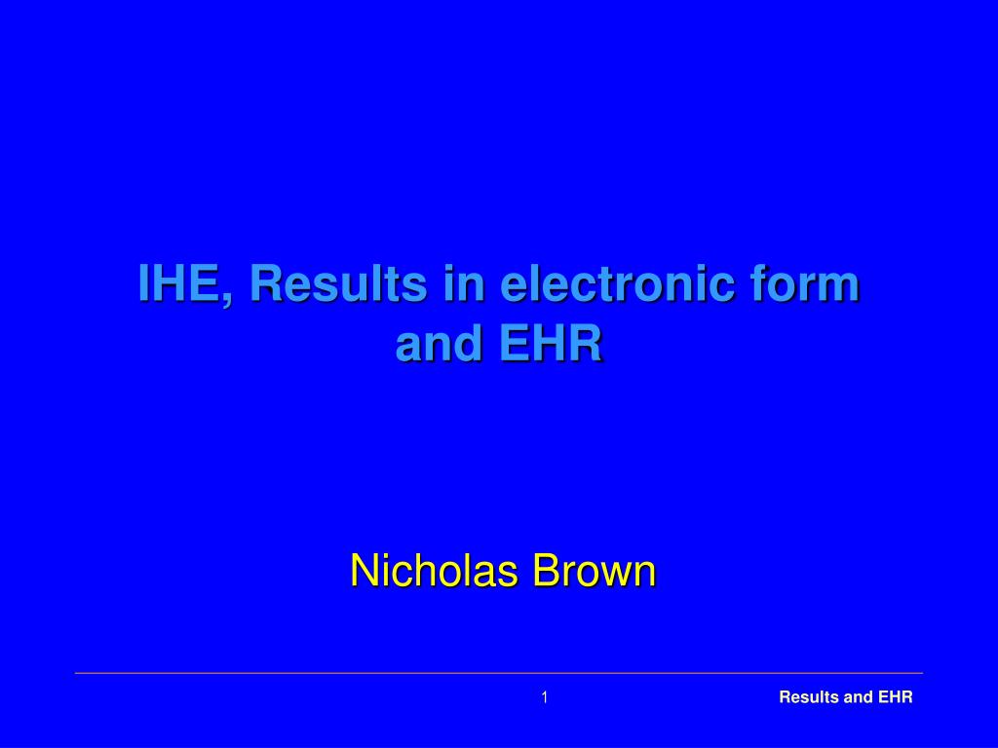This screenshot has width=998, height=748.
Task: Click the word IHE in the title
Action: point(179,283)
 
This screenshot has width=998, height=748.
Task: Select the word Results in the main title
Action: point(337,283)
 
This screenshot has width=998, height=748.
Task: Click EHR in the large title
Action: point(551,344)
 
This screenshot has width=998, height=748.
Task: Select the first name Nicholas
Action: point(434,570)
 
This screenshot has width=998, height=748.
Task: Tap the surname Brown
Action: point(595,570)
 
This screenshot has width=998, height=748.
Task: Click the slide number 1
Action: point(544,697)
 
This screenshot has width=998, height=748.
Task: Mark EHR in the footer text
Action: point(895,697)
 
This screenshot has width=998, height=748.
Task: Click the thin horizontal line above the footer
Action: point(499,672)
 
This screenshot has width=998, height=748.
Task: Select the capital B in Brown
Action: point(548,570)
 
